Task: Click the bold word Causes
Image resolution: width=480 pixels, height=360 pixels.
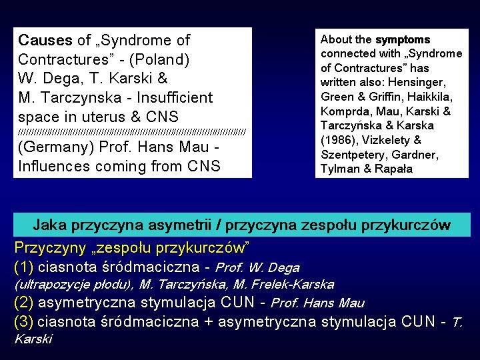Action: (x=45, y=40)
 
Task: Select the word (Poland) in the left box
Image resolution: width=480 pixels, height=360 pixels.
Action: (x=159, y=59)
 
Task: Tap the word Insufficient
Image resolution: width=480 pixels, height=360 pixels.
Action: (x=175, y=97)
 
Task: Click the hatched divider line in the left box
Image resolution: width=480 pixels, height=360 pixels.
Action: (x=132, y=132)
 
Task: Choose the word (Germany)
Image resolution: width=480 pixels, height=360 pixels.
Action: (x=56, y=147)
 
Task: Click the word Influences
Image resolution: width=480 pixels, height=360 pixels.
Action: (x=54, y=166)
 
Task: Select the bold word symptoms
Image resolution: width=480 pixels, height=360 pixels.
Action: (x=403, y=40)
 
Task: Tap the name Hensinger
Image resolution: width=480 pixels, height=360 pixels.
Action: (x=417, y=83)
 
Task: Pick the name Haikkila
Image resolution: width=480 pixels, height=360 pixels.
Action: (x=430, y=97)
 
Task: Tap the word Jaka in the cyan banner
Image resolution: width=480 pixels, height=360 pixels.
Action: (x=49, y=225)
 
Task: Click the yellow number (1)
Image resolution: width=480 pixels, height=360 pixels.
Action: (x=23, y=267)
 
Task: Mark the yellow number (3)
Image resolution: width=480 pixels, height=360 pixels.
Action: (x=23, y=322)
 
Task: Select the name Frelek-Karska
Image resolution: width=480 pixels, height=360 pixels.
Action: (x=283, y=285)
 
